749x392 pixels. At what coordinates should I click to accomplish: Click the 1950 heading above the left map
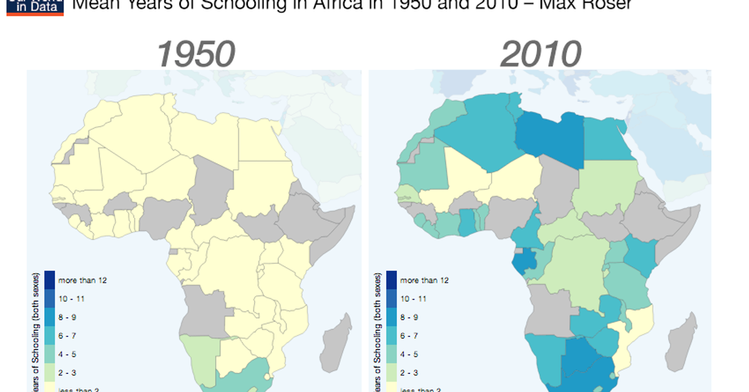(x=195, y=54)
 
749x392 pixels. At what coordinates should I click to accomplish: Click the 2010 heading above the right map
(x=541, y=54)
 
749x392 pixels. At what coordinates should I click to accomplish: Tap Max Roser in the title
(x=583, y=5)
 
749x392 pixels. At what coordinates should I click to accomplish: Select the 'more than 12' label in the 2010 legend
(x=424, y=281)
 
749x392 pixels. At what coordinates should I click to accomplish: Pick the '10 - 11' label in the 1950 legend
(x=71, y=299)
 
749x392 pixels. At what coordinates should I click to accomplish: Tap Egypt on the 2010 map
(x=605, y=140)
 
